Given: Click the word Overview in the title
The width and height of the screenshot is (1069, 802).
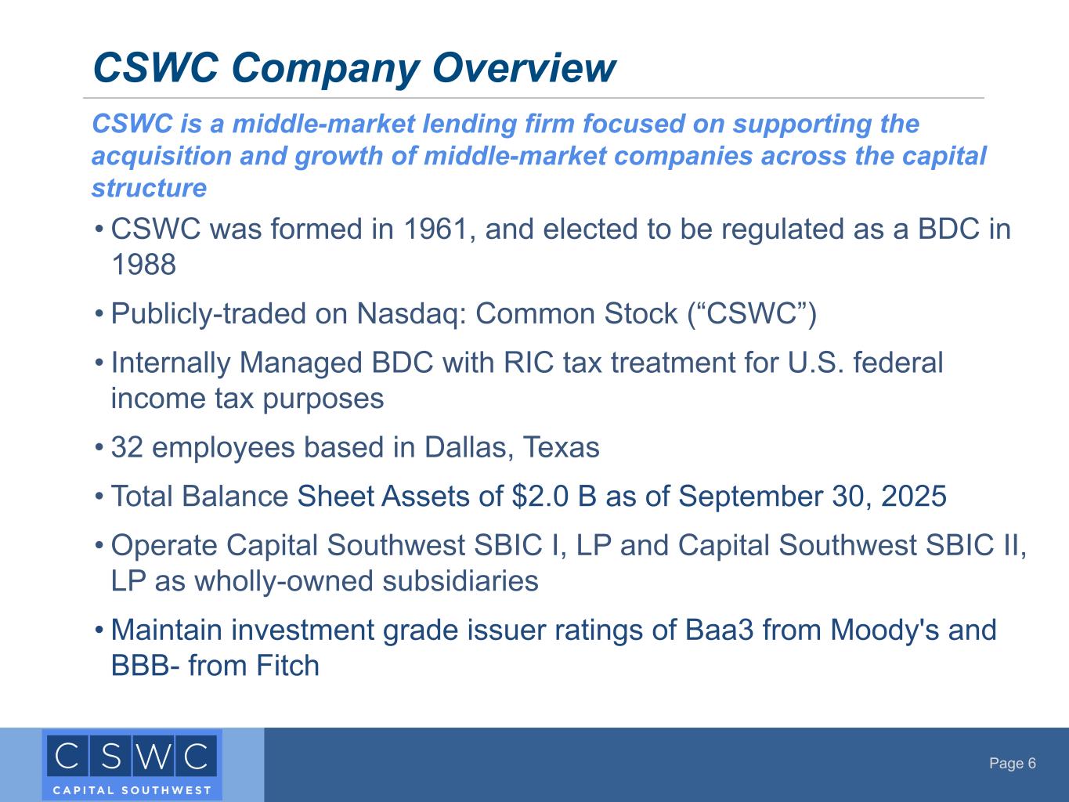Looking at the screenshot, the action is (524, 67).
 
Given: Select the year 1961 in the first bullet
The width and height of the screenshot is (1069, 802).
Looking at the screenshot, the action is (435, 229).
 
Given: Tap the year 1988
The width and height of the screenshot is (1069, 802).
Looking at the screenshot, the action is (143, 265).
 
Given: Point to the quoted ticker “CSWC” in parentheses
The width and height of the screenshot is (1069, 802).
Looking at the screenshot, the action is (752, 313).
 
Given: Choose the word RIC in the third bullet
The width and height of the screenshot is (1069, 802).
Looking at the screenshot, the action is (529, 363).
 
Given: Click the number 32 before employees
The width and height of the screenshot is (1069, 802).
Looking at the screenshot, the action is (127, 447).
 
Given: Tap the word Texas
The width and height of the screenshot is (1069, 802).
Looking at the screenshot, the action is (561, 447).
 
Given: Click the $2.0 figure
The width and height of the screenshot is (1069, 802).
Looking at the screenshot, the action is (540, 497).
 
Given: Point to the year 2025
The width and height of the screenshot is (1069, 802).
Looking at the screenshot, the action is (914, 497).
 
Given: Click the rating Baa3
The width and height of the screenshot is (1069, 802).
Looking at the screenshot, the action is (719, 630).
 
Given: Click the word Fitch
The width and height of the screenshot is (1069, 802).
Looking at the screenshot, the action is (288, 665).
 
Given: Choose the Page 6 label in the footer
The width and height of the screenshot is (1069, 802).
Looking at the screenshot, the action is (1012, 763).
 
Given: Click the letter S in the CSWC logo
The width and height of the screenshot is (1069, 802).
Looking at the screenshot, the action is (111, 757).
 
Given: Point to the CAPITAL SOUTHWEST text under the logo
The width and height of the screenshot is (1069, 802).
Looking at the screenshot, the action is (132, 790).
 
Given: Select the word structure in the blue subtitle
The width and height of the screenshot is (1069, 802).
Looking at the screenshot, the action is (150, 188).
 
